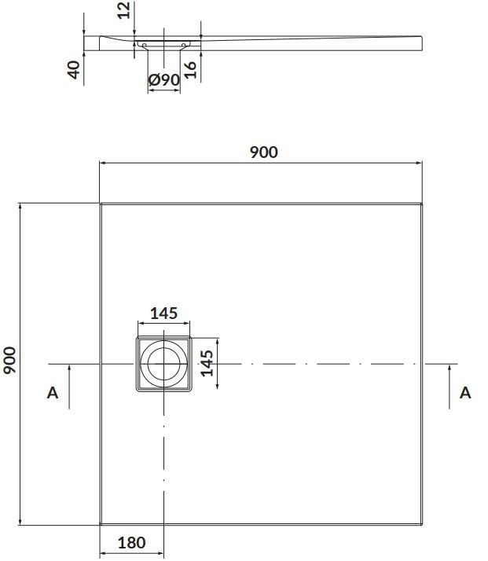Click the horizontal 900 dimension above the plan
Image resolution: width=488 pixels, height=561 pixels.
(x=264, y=152)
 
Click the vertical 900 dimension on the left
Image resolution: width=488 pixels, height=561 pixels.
(x=9, y=361)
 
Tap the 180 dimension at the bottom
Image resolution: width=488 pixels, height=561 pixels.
(x=132, y=543)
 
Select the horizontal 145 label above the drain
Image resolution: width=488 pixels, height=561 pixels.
(x=164, y=313)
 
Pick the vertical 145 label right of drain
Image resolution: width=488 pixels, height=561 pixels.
(x=207, y=363)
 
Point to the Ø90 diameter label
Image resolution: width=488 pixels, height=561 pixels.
(x=164, y=79)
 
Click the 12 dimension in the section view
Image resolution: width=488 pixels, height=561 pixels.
(x=124, y=10)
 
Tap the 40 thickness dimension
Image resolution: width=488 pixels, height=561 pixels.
(x=74, y=70)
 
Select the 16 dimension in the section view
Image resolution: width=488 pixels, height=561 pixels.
(x=190, y=70)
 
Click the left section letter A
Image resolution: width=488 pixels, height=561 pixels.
(x=53, y=393)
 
